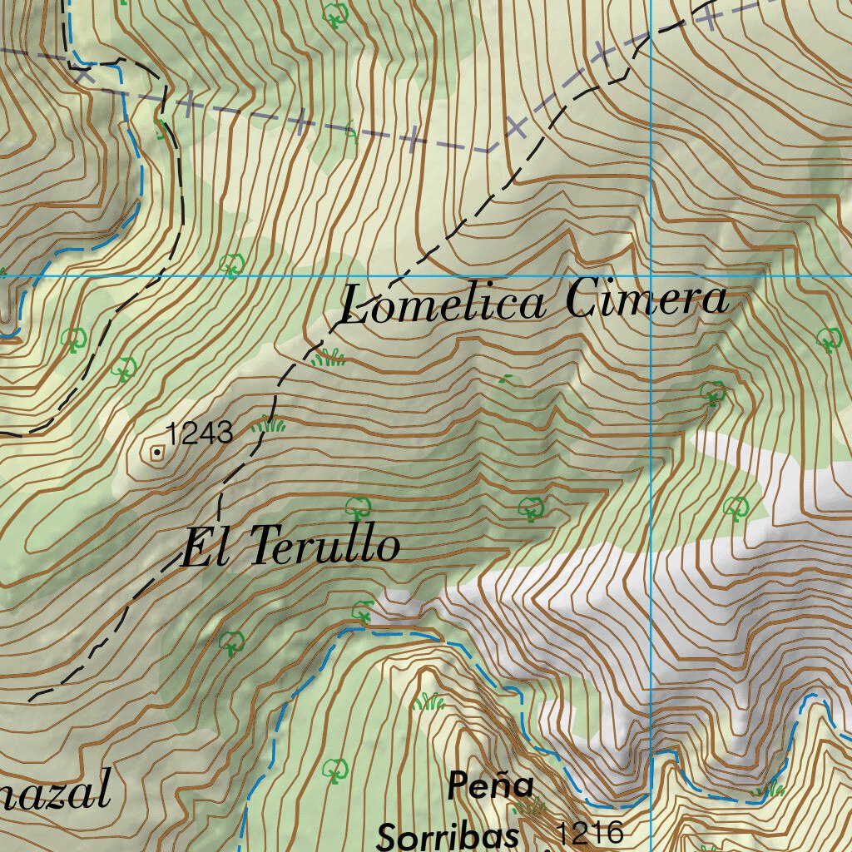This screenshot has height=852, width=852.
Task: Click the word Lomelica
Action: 443,304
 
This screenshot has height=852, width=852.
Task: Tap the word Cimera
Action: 646,300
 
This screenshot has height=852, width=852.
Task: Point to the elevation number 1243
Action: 199,433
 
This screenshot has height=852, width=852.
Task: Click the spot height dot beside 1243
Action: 156,453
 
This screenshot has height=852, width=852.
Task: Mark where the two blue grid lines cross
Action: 650,275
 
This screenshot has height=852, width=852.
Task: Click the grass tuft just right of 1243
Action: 268,425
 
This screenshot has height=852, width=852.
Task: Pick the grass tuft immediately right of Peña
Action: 529,805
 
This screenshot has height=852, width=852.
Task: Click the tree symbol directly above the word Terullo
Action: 359,506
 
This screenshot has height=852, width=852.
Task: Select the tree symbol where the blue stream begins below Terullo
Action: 363,612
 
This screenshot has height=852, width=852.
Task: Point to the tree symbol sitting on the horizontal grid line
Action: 231,265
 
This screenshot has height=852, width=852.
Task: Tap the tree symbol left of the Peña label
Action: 335,769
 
